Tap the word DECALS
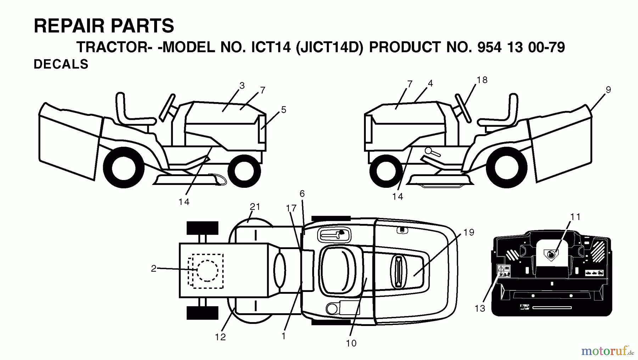[x=61, y=64]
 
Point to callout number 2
[x=153, y=269]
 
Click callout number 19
[x=469, y=232]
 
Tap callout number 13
[x=480, y=309]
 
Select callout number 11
[x=576, y=217]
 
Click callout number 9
[x=608, y=90]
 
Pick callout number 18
[x=482, y=80]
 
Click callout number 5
[x=284, y=110]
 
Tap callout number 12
[x=220, y=337]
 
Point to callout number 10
[x=351, y=343]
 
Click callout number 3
[x=242, y=85]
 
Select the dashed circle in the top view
[x=207, y=271]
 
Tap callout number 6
[x=302, y=194]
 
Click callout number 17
[x=291, y=208]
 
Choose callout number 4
[x=430, y=84]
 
